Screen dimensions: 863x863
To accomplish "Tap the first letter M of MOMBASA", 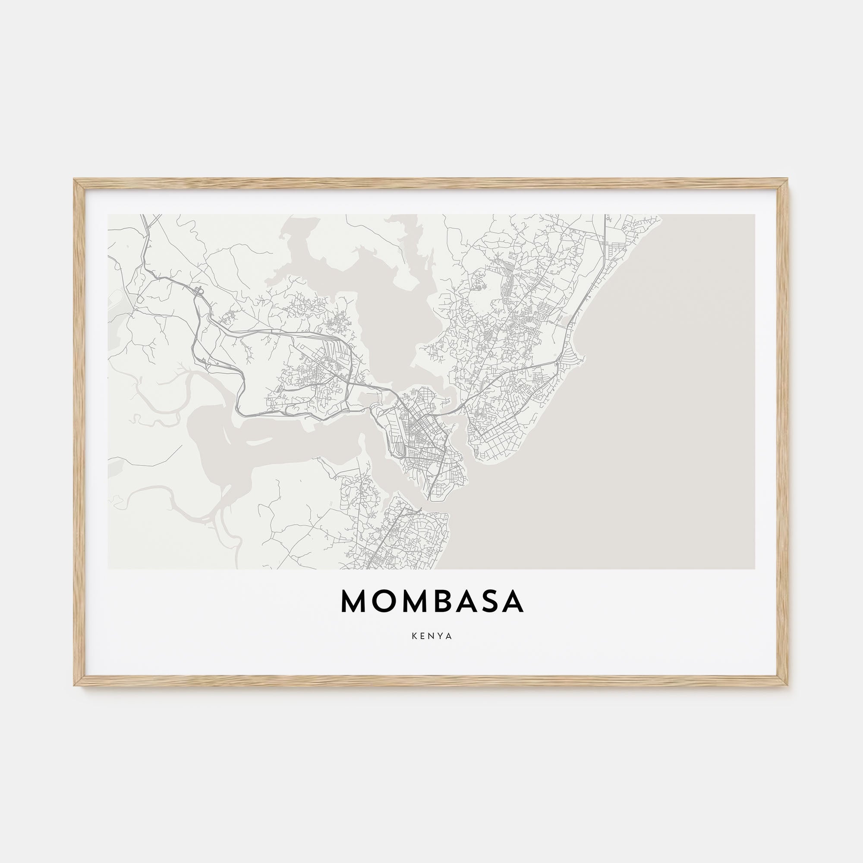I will pyautogui.click(x=353, y=601).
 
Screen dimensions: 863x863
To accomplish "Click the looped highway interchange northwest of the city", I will pyautogui.click(x=199, y=291).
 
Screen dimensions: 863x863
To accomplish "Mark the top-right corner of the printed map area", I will pyautogui.click(x=754, y=215).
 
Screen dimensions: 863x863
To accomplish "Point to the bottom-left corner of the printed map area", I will pyautogui.click(x=109, y=568).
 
